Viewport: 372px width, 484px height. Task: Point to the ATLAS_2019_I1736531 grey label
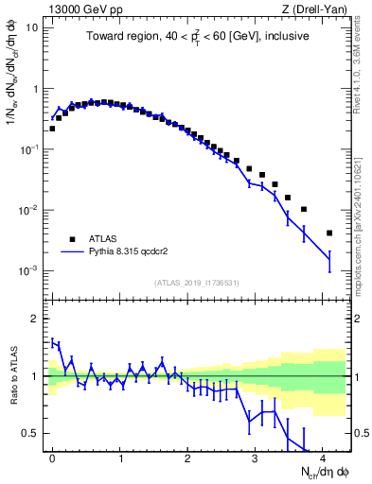196,283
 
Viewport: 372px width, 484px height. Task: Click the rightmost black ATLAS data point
329,233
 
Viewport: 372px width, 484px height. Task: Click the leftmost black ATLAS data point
52,129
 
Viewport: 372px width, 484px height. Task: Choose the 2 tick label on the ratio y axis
38,319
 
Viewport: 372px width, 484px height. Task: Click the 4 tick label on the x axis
323,457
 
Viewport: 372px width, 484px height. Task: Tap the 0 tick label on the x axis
52,457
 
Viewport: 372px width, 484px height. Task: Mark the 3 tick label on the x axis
256,457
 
